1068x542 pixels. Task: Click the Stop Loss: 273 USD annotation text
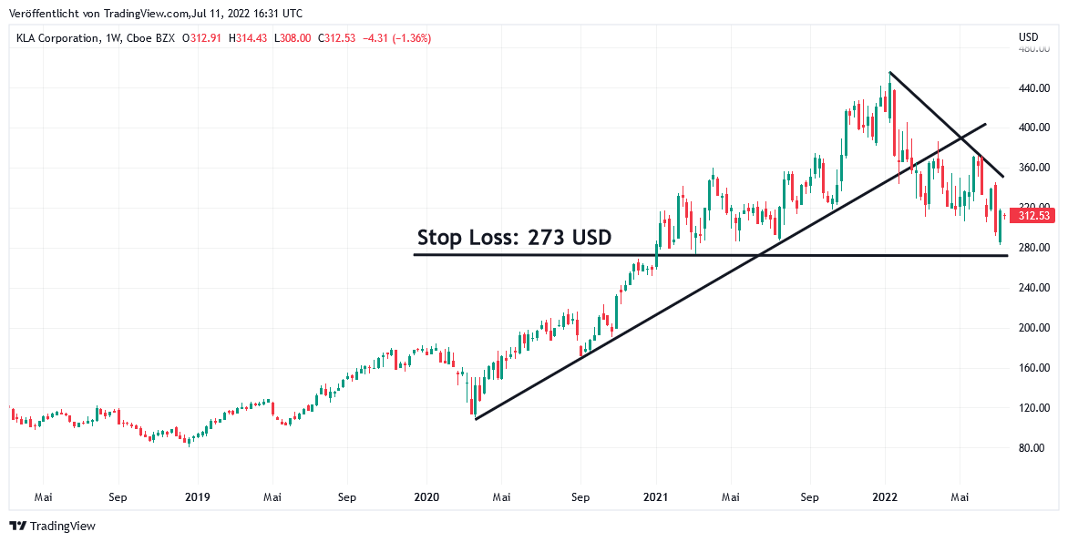pyautogui.click(x=514, y=239)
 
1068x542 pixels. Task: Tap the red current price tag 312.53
pyautogui.click(x=1035, y=216)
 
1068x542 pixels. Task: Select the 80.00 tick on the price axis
pyautogui.click(x=1032, y=448)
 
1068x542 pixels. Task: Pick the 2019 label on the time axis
pyautogui.click(x=198, y=497)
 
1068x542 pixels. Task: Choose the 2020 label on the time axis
pyautogui.click(x=426, y=497)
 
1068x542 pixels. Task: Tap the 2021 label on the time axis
pyautogui.click(x=656, y=497)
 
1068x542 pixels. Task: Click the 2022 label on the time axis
pyautogui.click(x=886, y=497)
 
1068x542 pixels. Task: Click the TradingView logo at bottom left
pyautogui.click(x=52, y=526)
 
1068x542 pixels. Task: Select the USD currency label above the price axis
pyautogui.click(x=1028, y=37)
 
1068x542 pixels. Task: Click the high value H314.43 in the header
pyautogui.click(x=247, y=38)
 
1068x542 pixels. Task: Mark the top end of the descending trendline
pyautogui.click(x=889, y=72)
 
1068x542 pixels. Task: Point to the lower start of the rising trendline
pyautogui.click(x=476, y=419)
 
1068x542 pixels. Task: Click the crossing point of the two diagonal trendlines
pyautogui.click(x=959, y=138)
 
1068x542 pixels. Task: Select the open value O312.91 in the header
pyautogui.click(x=202, y=38)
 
